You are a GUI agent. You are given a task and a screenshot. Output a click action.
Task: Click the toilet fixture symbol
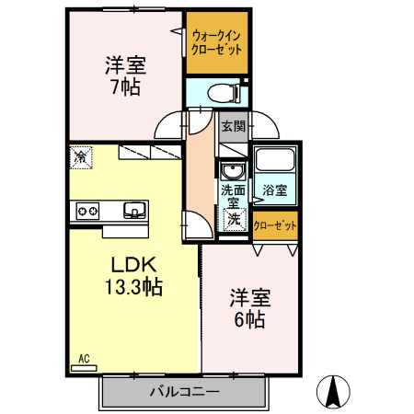tap(224, 93)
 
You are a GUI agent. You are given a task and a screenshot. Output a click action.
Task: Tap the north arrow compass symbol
tap(333, 391)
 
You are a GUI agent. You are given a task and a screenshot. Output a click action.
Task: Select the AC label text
tap(84, 358)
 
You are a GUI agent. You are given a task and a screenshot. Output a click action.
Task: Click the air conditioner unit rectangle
tap(84, 368)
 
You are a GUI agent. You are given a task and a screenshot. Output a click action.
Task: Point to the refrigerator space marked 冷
tap(81, 157)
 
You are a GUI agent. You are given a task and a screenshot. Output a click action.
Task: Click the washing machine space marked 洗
tap(235, 219)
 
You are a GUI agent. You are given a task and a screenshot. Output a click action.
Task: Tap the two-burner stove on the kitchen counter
tap(87, 211)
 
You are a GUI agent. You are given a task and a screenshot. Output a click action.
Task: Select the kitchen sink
tap(134, 211)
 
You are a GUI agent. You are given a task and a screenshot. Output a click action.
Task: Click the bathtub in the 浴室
tap(275, 160)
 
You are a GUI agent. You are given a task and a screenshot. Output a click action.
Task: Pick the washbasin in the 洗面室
tap(233, 171)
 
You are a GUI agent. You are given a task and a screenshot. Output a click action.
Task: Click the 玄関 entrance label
tap(234, 126)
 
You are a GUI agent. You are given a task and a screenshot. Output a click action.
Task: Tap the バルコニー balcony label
tap(185, 392)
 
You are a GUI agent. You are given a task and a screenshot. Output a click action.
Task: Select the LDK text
tap(133, 265)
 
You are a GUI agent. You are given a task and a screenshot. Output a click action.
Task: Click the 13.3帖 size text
tap(133, 287)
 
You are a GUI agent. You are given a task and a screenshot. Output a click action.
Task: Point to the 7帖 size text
tap(126, 87)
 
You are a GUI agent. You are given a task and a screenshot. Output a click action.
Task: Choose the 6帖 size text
tap(249, 319)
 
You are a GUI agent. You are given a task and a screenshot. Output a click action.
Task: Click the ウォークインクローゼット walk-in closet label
tap(216, 43)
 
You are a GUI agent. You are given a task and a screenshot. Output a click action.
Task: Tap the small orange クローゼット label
tap(275, 225)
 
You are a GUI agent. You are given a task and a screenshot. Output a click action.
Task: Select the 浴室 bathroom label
tap(275, 190)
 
